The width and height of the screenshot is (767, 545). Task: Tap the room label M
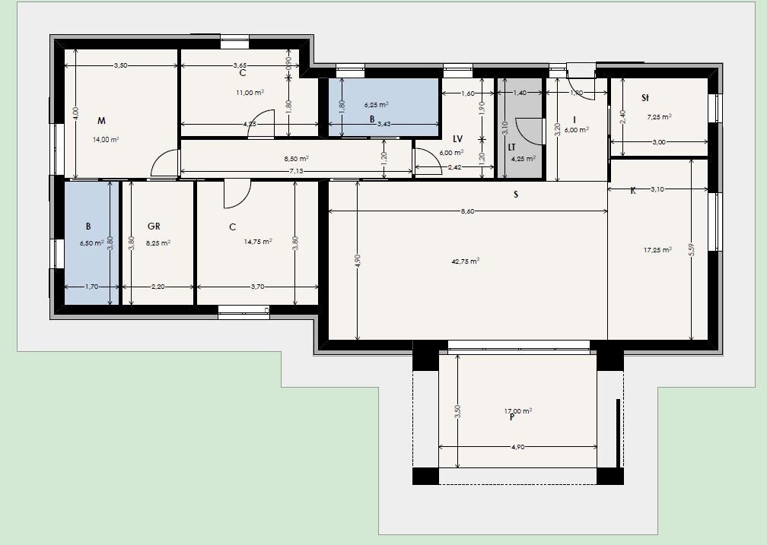101,121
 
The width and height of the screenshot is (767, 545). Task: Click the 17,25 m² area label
658,249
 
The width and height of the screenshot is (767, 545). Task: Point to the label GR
153,227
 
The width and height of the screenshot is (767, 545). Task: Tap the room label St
645,98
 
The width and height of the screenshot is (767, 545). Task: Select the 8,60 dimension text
467,212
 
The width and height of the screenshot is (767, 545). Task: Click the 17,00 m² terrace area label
518,410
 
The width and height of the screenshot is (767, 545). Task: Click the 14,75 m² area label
256,242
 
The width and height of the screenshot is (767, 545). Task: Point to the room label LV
457,139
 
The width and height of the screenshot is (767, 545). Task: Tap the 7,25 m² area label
659,117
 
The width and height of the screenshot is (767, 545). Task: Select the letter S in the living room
516,195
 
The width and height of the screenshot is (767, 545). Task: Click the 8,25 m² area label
158,243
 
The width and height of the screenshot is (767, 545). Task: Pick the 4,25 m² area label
523,159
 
